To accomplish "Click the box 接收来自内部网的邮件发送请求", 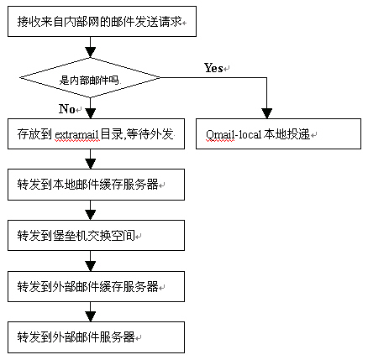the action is point(102,22).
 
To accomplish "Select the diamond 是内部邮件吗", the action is point(90,78).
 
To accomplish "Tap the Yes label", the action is point(213,68).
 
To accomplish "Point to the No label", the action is point(67,108).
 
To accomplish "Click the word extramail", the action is point(77,135).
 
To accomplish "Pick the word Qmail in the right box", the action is point(220,135).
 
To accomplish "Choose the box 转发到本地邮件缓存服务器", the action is point(96,185).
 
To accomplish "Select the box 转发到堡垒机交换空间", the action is point(96,235).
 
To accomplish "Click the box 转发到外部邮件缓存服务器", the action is point(96,286).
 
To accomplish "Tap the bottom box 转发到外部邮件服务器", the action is point(96,337).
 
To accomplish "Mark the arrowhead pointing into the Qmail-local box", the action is point(266,113).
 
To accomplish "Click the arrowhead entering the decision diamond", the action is point(90,52).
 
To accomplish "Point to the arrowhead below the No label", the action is point(90,113).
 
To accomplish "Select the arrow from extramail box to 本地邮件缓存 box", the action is point(90,159).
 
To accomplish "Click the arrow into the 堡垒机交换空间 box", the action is point(90,210).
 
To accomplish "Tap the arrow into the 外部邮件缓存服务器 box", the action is point(90,261).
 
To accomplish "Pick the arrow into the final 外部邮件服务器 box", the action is point(90,311).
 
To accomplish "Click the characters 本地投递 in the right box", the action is point(287,134).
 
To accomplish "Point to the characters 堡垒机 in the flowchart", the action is point(70,236).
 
